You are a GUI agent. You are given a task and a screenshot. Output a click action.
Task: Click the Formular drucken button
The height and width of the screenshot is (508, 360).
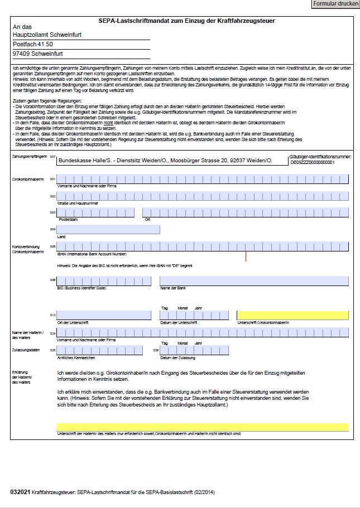pyautogui.click(x=335, y=4)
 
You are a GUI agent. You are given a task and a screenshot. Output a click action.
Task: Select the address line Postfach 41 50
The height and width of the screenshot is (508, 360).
pyautogui.click(x=33, y=44)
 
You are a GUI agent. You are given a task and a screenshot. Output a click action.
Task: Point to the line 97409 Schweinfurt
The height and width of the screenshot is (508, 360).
pyautogui.click(x=37, y=54)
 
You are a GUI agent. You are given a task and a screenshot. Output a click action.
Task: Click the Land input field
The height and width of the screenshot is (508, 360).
pyautogui.click(x=108, y=229)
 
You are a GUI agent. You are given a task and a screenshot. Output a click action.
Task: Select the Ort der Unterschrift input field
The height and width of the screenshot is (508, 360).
pyautogui.click(x=104, y=315)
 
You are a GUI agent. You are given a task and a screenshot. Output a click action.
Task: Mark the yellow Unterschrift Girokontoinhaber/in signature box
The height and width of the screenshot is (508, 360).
pyautogui.click(x=292, y=315)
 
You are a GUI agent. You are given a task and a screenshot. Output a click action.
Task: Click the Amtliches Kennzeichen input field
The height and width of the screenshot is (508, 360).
pyautogui.click(x=104, y=350)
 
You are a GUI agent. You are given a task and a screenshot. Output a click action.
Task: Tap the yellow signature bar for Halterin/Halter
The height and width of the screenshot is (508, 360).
pyautogui.click(x=202, y=427)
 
